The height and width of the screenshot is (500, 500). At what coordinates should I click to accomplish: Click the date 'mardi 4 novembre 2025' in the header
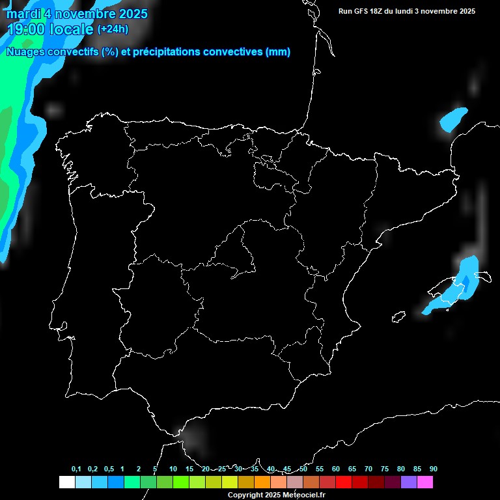77,14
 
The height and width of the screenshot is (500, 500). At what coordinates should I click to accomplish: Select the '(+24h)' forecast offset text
113,29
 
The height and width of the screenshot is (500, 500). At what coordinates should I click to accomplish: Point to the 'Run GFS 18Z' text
361,11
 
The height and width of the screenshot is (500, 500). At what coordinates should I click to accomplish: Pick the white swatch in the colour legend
66,482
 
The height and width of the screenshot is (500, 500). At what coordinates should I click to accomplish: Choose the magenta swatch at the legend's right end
425,482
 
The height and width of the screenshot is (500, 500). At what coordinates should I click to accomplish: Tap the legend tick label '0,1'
76,469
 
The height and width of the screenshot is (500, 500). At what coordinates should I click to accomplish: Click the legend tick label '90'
434,469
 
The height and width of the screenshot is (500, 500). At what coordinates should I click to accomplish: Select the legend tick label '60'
336,469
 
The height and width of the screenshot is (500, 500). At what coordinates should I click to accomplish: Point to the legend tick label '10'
173,469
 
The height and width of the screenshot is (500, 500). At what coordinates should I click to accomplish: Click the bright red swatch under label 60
344,482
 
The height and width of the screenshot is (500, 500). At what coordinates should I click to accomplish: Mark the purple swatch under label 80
409,482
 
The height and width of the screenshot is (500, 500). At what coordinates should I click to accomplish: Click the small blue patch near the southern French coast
453,119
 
